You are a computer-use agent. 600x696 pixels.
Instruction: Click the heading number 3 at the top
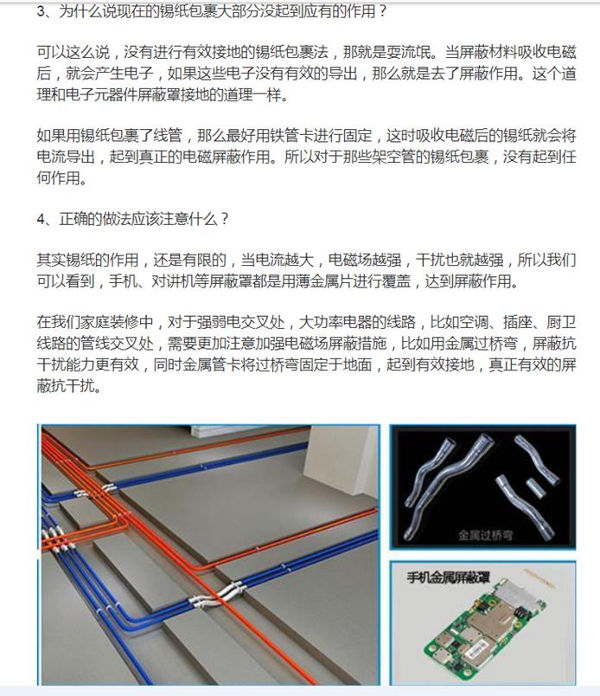coord(41,13)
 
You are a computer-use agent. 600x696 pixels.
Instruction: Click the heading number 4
coord(41,218)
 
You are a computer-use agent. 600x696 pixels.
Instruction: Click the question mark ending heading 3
coord(383,13)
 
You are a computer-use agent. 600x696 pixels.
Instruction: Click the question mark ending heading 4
coord(225,218)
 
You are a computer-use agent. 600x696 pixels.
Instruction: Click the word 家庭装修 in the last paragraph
coord(95,323)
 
